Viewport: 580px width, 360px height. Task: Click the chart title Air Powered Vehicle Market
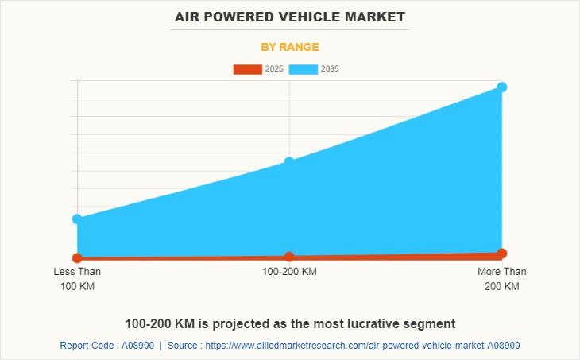pyautogui.click(x=289, y=17)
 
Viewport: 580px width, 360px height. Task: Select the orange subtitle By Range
pyautogui.click(x=289, y=47)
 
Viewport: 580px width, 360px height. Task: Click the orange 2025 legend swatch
pyautogui.click(x=247, y=69)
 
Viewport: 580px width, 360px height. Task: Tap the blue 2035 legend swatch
pyautogui.click(x=303, y=69)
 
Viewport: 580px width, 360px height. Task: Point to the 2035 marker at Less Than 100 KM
pyautogui.click(x=77, y=219)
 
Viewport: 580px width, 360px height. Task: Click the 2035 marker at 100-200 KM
pyautogui.click(x=289, y=162)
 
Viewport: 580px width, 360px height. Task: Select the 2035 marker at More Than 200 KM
pyautogui.click(x=502, y=87)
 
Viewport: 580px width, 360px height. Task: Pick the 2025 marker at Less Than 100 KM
pyautogui.click(x=77, y=258)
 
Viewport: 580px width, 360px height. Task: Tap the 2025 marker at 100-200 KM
pyautogui.click(x=289, y=257)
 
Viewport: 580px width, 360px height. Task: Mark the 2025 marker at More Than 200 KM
pyautogui.click(x=502, y=254)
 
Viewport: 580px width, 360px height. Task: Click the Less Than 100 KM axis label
pyautogui.click(x=77, y=278)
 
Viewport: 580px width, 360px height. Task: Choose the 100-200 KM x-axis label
pyautogui.click(x=289, y=272)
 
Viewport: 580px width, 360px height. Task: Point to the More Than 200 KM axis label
pyautogui.click(x=501, y=278)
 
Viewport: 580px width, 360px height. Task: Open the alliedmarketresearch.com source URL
pyautogui.click(x=362, y=346)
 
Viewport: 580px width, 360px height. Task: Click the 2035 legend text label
pyautogui.click(x=330, y=69)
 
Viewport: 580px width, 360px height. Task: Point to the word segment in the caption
pyautogui.click(x=431, y=324)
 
